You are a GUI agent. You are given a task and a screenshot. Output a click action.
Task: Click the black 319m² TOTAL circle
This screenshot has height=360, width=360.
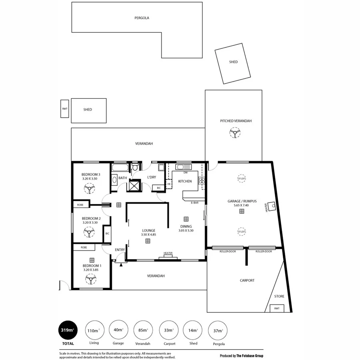tap(68, 330)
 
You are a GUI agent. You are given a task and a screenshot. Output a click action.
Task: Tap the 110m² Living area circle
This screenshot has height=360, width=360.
tap(94, 330)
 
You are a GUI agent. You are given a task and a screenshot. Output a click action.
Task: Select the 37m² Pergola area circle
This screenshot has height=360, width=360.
tap(218, 330)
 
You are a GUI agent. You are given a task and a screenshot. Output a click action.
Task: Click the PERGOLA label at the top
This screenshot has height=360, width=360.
tap(142, 18)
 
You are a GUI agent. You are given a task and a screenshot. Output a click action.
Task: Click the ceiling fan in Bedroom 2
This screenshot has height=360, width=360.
tap(88, 232)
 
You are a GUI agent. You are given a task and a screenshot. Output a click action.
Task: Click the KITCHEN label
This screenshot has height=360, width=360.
tap(185, 181)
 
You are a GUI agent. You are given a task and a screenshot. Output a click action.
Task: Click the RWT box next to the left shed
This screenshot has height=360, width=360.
tap(64, 109)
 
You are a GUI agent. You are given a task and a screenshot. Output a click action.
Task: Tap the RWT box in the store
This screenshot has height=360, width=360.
tap(277, 308)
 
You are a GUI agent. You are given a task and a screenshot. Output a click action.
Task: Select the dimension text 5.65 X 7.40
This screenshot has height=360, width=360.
tap(241, 205)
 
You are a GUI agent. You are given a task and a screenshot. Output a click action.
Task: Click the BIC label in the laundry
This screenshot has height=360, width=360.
tap(159, 188)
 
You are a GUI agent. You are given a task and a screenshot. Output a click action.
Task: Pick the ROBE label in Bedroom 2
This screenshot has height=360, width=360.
tap(80, 205)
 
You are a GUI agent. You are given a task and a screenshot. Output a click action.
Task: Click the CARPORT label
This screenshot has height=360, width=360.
tap(247, 280)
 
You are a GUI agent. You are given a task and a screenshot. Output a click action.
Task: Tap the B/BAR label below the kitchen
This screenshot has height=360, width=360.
tap(195, 203)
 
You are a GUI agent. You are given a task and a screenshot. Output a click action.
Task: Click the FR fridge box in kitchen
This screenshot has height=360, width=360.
tap(169, 184)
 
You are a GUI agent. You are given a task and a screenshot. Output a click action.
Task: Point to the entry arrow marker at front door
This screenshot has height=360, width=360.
tap(121, 264)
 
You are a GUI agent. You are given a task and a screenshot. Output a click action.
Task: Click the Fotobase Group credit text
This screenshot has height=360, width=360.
tap(242, 356)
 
